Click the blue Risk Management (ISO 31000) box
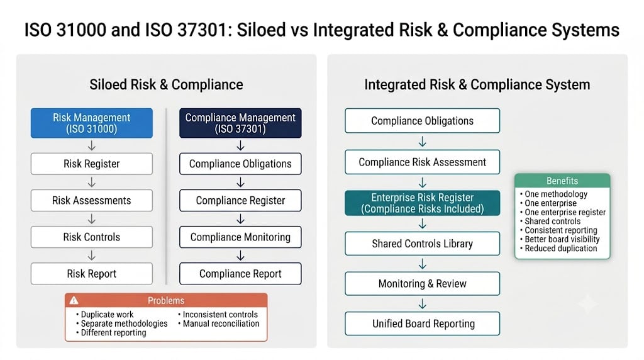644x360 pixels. [92, 123]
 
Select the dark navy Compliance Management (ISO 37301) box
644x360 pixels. [240, 123]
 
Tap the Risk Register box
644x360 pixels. [92, 164]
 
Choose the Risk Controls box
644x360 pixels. [92, 237]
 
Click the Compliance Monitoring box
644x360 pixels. [240, 237]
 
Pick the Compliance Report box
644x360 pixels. [240, 273]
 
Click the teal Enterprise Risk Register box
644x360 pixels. [422, 203]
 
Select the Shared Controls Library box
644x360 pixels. [422, 244]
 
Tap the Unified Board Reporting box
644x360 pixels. [422, 323]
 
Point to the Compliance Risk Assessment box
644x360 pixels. [422, 162]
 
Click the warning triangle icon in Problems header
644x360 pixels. [74, 300]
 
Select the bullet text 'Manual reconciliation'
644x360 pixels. [221, 323]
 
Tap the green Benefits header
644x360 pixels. [562, 181]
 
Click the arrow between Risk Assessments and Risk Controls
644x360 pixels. [92, 218]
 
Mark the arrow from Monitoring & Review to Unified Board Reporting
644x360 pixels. [422, 304]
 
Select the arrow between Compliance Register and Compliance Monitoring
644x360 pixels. [240, 218]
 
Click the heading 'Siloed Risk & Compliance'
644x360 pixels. [166, 85]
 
